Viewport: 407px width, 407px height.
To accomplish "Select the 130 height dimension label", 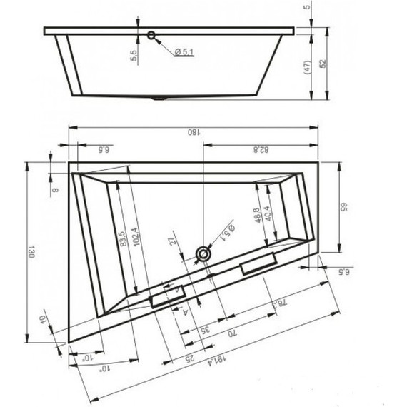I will (x=32, y=252).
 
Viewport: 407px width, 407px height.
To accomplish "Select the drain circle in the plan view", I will (x=205, y=253).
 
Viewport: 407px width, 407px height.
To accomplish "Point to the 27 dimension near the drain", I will (x=171, y=243).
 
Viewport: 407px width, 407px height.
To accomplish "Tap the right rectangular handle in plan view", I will (x=258, y=266).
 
